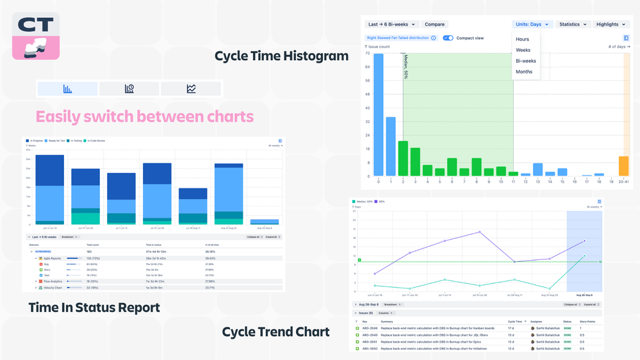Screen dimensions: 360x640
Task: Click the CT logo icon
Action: pos(36,36)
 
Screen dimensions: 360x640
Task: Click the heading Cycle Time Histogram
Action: pos(281,56)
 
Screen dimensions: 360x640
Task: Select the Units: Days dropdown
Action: pos(531,24)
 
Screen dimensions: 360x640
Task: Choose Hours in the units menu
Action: pos(523,39)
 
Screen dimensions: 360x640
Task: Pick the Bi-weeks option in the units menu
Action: pos(526,61)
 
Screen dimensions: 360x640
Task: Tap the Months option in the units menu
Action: pos(524,72)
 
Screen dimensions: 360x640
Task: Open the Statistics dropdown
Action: pos(572,24)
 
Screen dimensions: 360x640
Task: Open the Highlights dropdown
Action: pos(611,24)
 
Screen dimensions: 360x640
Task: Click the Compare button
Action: pos(434,24)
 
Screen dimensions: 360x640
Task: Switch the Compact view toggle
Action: pos(448,38)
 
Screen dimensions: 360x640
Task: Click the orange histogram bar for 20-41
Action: pos(623,166)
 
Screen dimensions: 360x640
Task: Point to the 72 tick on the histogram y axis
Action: pos(368,53)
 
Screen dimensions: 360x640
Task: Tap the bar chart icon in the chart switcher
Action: pos(68,89)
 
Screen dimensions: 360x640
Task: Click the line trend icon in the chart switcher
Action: pos(191,89)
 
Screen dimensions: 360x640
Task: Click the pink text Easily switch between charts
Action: pos(145,117)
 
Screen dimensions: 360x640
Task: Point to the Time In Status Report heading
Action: pos(94,308)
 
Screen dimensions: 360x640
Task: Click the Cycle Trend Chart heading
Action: pos(275,332)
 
